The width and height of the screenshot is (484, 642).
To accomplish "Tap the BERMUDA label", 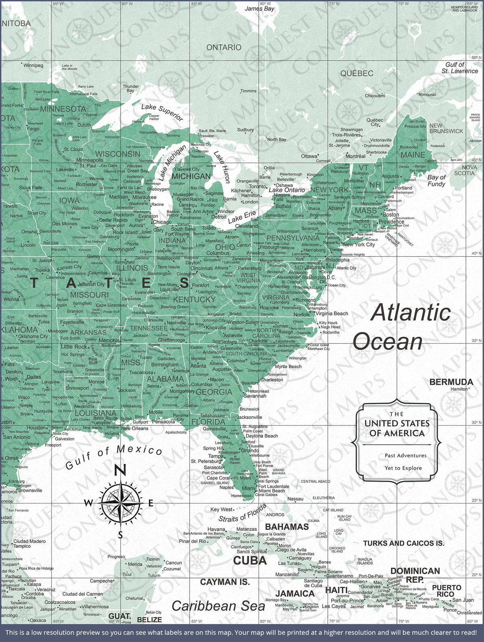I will pos(451,382).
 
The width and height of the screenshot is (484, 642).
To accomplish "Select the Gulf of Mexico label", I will pos(114,457).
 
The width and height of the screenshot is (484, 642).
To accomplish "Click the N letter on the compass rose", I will pos(121,470).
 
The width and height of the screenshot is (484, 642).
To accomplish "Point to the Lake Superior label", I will pos(162,112).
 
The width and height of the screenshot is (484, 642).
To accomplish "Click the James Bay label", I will pos(259,8).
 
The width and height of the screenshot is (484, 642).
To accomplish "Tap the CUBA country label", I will pos(250,560).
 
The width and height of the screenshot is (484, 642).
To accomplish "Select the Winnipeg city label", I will pos(33,65).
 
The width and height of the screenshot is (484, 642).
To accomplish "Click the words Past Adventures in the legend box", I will pos(405,455).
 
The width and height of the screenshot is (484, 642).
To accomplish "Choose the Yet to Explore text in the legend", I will pos(403,468).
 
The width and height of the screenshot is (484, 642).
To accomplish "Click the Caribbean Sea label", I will pos(218,606).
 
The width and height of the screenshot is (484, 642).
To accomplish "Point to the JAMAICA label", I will pos(295,594).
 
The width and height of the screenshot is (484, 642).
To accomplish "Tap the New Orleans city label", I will pos(135,428).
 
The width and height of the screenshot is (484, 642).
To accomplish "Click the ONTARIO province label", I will pos(224,48).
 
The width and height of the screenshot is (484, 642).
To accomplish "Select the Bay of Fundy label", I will pos(436,180).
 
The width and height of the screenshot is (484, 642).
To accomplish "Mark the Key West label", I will pos(221,509).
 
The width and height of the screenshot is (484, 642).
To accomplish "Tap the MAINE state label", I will pos(413,155).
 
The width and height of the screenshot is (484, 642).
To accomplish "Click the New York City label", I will pos(359,244).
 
